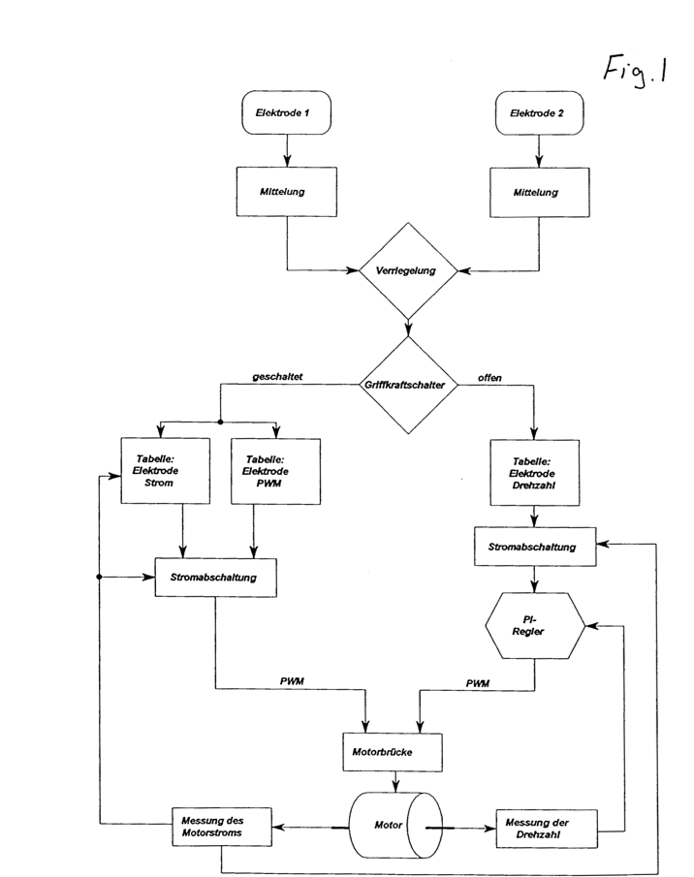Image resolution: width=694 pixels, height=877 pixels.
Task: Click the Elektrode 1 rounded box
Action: [x=286, y=113]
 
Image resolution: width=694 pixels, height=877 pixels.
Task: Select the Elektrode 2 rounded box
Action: [x=540, y=113]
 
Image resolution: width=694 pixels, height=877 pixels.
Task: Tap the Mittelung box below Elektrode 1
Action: [x=286, y=192]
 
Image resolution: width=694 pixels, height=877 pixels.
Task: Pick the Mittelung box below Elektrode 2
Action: [x=540, y=193]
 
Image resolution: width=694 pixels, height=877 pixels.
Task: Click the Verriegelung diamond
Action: [x=408, y=270]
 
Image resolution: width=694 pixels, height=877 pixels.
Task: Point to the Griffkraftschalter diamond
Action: [x=408, y=385]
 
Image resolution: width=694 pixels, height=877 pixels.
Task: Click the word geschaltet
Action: [x=277, y=376]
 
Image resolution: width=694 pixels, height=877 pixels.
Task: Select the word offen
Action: [x=489, y=378]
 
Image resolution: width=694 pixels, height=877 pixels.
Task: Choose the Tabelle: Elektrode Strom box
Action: [x=166, y=471]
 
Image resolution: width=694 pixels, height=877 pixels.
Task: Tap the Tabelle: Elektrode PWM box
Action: [x=275, y=472]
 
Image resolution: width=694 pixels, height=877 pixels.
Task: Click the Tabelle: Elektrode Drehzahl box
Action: [x=535, y=473]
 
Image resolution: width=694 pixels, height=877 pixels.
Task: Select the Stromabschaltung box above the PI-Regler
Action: [x=535, y=547]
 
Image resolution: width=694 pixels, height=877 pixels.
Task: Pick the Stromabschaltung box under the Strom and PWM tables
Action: [x=215, y=578]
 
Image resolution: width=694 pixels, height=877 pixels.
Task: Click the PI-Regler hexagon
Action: [x=535, y=626]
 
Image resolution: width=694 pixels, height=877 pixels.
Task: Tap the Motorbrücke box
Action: [x=393, y=752]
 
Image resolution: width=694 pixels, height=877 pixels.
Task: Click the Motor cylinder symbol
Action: [x=395, y=826]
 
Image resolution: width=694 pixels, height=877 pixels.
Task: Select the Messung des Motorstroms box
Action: [x=222, y=827]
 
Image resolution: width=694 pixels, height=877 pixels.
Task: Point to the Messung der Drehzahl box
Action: [x=547, y=829]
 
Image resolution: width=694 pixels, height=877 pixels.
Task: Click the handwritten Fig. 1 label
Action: [x=635, y=72]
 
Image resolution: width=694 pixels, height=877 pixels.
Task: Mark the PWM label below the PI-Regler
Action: [x=478, y=683]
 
